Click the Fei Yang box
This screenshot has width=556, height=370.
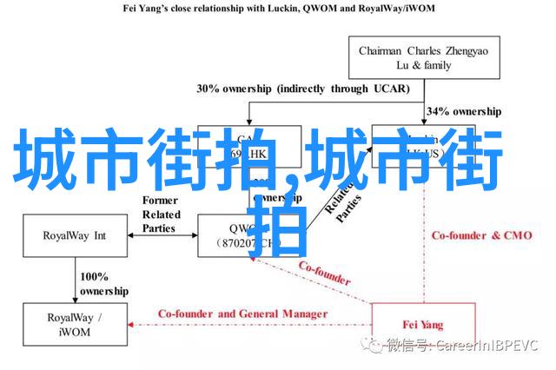point(424,326)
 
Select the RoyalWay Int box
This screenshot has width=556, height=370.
point(75,235)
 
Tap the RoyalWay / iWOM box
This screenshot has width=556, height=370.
point(75,319)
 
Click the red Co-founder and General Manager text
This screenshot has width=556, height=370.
point(242,314)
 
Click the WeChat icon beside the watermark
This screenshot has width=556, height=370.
point(374,346)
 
